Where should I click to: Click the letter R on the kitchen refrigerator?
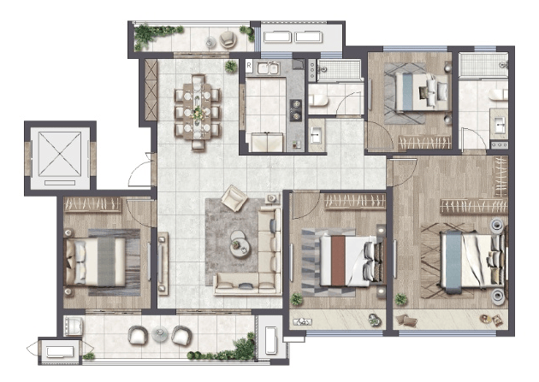click(x=249, y=65)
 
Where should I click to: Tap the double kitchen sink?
click(x=268, y=68)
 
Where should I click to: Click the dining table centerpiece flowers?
click(x=198, y=112)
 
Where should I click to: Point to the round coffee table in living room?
click(x=240, y=244)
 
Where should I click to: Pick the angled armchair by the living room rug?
click(x=234, y=197)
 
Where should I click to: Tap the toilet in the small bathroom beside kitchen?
click(x=318, y=100)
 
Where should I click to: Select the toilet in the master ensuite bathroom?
click(x=498, y=94)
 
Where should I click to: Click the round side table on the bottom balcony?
click(x=160, y=334)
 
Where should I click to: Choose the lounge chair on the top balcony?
click(x=228, y=39)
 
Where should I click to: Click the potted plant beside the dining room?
click(x=231, y=66)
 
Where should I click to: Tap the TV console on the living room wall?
click(x=163, y=263)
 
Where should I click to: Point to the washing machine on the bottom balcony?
click(x=74, y=326)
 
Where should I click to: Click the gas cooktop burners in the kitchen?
click(x=295, y=110)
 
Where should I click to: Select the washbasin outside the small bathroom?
click(x=317, y=135)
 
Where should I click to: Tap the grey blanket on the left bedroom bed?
click(x=106, y=262)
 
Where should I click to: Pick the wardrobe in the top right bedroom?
click(x=425, y=143)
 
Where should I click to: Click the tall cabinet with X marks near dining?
click(x=151, y=90)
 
